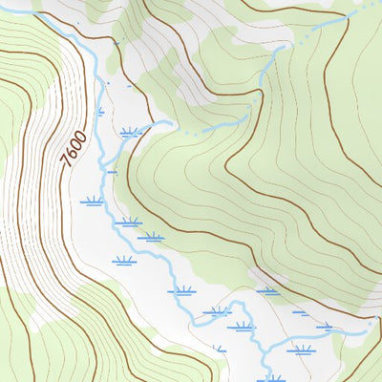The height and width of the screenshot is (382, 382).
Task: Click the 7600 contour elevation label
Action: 75,150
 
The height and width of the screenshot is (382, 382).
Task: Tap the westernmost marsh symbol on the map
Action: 93,202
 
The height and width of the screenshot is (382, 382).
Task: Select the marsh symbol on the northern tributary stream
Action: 131,133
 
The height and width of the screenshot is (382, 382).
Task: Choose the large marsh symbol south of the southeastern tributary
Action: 301,350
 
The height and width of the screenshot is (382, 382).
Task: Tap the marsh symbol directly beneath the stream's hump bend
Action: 241,327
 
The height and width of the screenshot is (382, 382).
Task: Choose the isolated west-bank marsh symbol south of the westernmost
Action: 122,261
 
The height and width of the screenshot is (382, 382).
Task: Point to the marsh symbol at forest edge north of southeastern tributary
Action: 268,290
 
